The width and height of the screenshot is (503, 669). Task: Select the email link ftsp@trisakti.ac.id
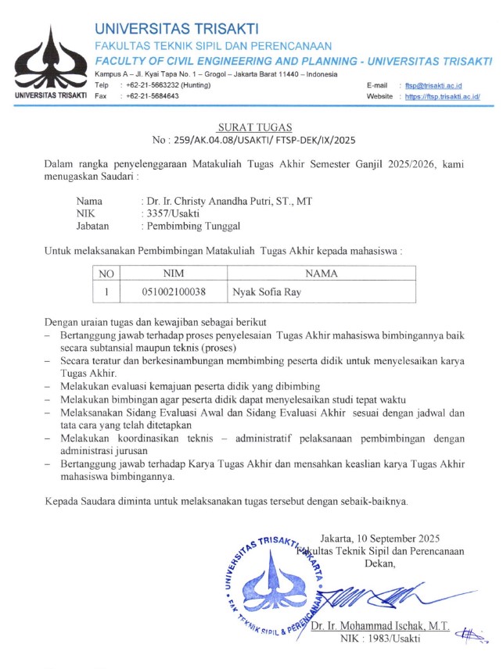(x=430, y=84)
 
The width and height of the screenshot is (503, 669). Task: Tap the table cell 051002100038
(x=174, y=292)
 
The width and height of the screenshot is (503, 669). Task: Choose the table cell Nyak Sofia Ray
(x=268, y=292)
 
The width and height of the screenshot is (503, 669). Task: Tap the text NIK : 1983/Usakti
(x=380, y=639)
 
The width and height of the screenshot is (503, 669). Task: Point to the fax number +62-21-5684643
(x=149, y=96)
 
